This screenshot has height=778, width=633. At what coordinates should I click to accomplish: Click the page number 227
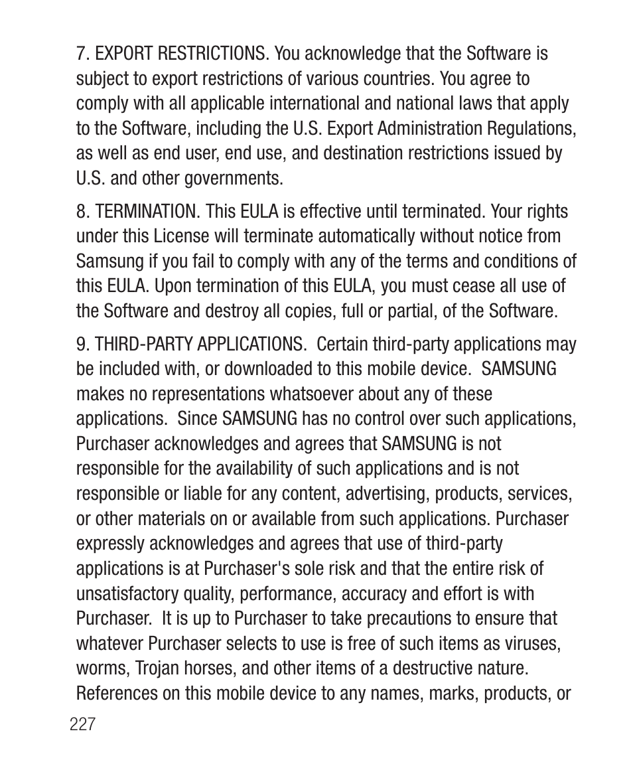[x=83, y=724]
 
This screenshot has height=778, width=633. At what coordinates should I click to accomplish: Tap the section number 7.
[x=81, y=54]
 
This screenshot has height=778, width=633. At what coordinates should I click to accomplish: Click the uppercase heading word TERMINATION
[x=147, y=212]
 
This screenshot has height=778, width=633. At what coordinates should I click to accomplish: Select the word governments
[x=229, y=179]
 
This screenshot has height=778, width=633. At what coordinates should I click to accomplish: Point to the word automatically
[x=372, y=236]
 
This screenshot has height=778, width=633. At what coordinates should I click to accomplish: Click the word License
[x=181, y=236]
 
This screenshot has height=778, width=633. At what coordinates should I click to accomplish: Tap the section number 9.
[x=81, y=345]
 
